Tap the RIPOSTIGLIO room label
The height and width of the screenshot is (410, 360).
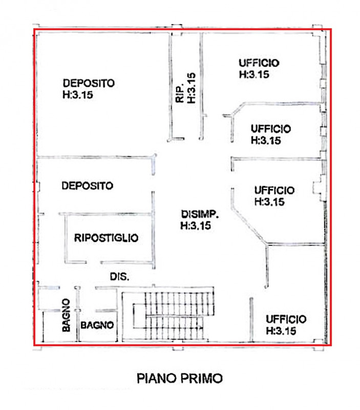coord(106,238)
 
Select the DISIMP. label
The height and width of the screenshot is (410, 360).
coord(200,214)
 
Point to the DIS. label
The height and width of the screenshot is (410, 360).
coord(119,277)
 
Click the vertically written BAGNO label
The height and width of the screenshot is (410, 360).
coord(66,315)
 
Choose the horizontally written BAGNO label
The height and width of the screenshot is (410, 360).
coord(97,325)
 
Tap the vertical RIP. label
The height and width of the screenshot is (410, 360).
coord(180,93)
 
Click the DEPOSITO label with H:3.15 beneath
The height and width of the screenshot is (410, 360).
coord(89,83)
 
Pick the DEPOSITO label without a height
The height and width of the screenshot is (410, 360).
coord(87,186)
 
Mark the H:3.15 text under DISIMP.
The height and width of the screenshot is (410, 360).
coord(196,225)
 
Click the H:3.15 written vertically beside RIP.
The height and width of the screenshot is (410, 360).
coord(191,88)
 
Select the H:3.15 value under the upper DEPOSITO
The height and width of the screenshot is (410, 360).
coord(78,95)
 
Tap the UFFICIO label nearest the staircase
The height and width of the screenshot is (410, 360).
coord(286,319)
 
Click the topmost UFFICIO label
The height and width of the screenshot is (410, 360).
coord(259,63)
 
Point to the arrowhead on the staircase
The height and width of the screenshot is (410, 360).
coord(201,327)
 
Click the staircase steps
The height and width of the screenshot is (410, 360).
coord(174,314)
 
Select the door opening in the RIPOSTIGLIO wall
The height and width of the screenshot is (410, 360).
coord(94,262)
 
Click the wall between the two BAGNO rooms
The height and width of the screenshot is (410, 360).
coord(77,314)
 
